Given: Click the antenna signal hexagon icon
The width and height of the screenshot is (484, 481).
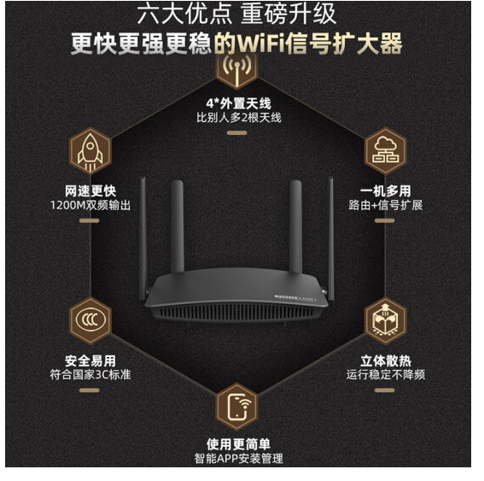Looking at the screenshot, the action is [236, 69].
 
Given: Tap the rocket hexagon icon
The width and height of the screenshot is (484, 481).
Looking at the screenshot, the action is [90, 151].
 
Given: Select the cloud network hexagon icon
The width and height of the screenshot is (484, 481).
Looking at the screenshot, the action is [386, 151].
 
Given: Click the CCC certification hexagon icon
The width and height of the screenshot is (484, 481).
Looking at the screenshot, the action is [90, 320].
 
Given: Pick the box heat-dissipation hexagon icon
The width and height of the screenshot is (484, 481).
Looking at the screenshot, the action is [386, 320].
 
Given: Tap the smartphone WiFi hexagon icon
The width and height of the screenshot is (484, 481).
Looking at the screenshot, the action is [236, 406].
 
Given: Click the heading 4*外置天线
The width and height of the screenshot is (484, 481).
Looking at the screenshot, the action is [239, 103].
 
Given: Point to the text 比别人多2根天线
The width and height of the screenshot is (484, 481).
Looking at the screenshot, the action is [239, 118].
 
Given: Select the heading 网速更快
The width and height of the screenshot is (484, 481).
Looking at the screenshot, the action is [90, 191].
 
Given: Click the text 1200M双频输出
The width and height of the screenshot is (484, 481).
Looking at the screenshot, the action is [90, 205].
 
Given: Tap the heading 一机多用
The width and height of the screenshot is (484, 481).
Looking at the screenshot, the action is [386, 191].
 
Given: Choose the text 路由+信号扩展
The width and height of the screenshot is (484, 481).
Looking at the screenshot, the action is [386, 205].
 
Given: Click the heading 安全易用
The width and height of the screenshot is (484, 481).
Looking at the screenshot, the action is [90, 361].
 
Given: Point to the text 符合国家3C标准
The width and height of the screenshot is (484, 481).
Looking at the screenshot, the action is [90, 375].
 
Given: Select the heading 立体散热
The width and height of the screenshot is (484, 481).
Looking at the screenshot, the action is [386, 361].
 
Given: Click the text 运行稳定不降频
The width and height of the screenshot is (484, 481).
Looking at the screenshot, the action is [386, 375].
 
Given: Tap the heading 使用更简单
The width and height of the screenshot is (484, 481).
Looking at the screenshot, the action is [239, 444].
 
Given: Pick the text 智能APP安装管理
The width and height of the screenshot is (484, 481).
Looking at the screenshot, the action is [239, 459].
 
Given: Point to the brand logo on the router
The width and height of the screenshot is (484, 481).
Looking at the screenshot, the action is [295, 298].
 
